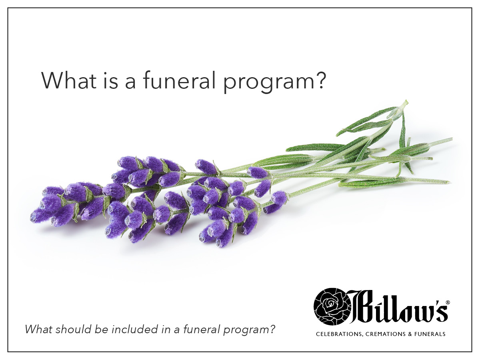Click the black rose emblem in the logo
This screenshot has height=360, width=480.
(x=330, y=306)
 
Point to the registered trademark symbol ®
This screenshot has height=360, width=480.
(x=448, y=303)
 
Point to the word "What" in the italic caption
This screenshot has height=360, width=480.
(x=38, y=330)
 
